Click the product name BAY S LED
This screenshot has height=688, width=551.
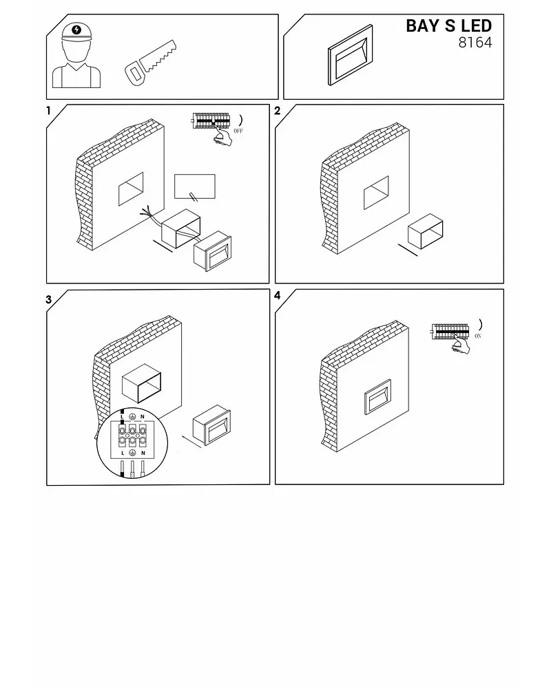tap(448, 26)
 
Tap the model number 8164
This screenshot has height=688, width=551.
tap(475, 43)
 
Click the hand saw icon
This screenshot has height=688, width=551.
tap(150, 63)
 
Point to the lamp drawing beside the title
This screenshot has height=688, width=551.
tap(350, 55)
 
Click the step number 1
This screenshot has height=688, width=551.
tap(48, 111)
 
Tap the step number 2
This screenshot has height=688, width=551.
tap(278, 111)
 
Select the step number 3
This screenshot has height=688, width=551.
tap(48, 300)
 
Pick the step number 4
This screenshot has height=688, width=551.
tap(278, 295)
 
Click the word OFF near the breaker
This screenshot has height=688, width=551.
tap(238, 131)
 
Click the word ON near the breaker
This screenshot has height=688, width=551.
tap(478, 336)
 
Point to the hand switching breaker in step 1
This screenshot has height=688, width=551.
tap(222, 136)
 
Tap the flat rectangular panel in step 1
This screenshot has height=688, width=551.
tap(195, 186)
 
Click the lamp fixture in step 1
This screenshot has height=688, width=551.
tap(212, 251)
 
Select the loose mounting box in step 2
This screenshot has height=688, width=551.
tap(426, 231)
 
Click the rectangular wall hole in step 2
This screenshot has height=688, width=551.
tap(376, 193)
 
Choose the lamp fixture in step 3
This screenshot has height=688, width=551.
tap(211, 424)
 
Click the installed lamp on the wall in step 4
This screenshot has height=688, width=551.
tap(377, 397)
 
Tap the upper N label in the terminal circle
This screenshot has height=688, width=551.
tap(143, 416)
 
